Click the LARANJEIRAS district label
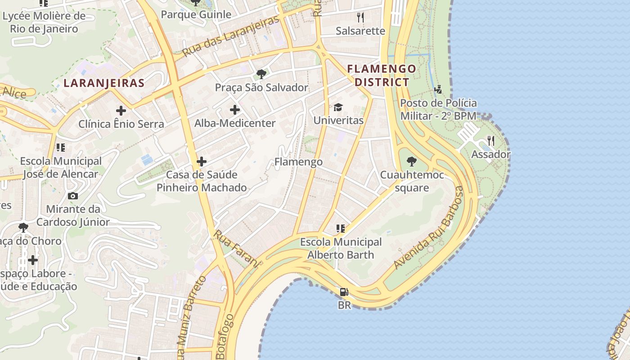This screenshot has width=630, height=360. point(104,83)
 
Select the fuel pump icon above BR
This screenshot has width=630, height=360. point(344,292)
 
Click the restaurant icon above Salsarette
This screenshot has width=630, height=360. point(360,17)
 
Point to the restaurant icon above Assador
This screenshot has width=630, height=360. point(490,141)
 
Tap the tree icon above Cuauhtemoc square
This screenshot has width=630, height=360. point(411,162)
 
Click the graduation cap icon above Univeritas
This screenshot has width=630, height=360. point(338,107)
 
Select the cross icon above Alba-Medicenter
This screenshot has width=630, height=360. point(234,110)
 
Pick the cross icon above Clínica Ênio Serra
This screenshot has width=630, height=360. point(121,110)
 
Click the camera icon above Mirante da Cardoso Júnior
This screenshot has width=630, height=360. point(72,196)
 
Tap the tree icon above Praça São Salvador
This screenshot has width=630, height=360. point(261,74)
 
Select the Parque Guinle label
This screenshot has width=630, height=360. point(196,14)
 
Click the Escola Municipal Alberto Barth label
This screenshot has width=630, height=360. point(341,248)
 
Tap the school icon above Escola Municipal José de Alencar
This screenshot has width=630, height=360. point(60,147)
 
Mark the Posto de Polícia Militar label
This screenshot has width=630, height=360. point(438,109)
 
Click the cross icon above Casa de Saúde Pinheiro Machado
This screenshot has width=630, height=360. point(202,161)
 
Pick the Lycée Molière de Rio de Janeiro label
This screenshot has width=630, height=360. point(44,22)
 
